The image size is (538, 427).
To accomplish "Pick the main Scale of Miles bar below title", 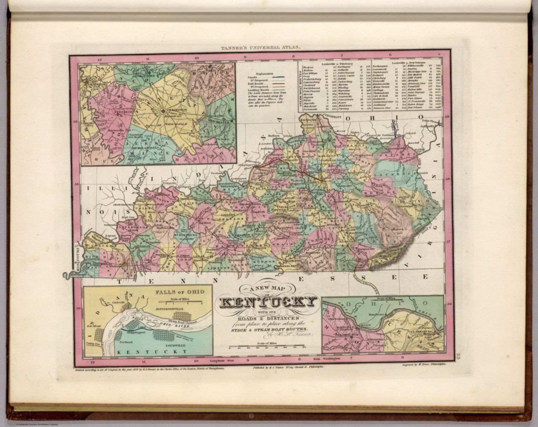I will pyautogui.click(x=268, y=346).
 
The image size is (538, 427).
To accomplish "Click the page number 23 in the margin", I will pyautogui.click(x=459, y=357).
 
